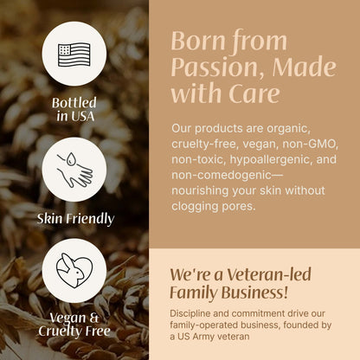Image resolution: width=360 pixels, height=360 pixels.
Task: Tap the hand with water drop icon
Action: (74, 169)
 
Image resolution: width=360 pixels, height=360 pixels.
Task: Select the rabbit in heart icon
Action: (74, 271)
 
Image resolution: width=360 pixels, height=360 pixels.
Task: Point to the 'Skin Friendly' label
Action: (74, 218)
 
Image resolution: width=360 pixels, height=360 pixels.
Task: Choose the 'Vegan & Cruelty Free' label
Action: (74, 325)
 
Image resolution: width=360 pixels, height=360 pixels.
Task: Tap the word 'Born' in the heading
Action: (196, 41)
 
